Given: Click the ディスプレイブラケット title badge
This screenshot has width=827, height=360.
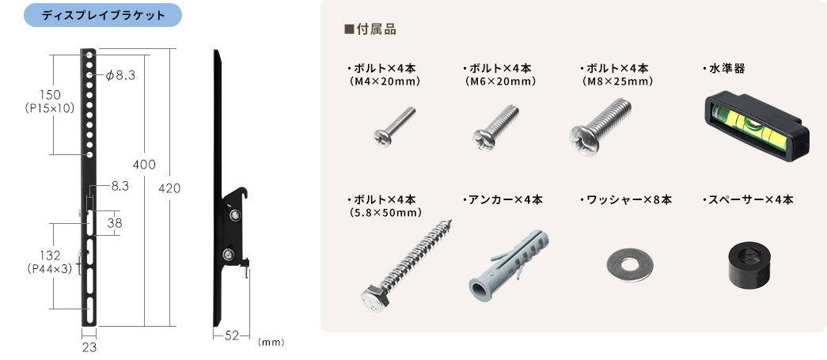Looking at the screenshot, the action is point(103,15).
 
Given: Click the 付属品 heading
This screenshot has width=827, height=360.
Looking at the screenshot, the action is point(370,29).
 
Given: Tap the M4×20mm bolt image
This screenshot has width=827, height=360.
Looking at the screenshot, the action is point(395,127).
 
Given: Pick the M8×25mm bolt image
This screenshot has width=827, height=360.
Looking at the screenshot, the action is point(600,127).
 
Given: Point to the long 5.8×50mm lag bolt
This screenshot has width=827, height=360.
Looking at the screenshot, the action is point(406,266).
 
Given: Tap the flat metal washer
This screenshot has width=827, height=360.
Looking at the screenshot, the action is point(630,265).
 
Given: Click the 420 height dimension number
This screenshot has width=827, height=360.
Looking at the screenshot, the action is point(170,188).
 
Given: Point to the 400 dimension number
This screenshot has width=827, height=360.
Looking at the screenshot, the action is point(144,165).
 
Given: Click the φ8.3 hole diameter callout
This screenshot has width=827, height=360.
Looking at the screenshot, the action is point(120,76).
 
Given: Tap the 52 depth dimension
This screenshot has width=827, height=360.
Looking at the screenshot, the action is point(232,335).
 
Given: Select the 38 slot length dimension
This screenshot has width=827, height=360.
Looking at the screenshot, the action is point(115,222).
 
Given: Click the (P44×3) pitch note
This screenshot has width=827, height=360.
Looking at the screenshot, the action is point(49,268).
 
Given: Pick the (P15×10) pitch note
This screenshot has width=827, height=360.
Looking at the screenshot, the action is point(50,108).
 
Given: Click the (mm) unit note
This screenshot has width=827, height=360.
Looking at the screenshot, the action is point(271,342).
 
